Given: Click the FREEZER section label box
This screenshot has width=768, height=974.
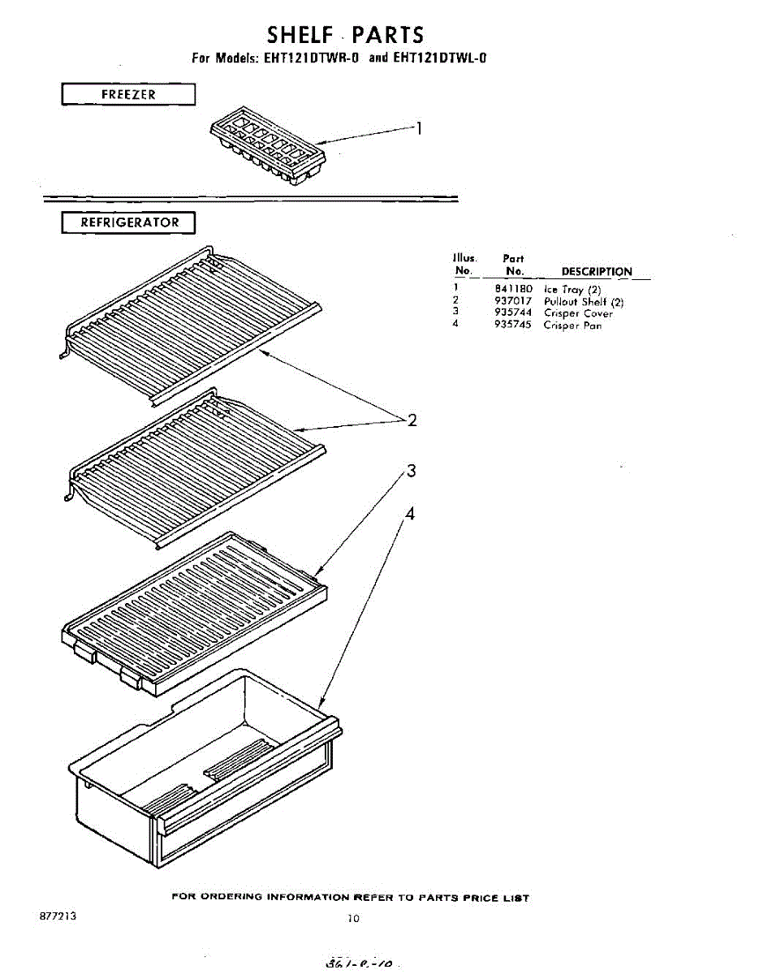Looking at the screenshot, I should click(128, 95).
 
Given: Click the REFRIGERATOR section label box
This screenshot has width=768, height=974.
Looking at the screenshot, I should click(128, 222).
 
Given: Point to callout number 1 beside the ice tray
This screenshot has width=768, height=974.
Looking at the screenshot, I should click(419, 127).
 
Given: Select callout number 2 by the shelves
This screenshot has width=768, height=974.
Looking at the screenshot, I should click(412, 420).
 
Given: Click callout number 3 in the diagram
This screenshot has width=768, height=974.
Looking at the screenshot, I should click(412, 471).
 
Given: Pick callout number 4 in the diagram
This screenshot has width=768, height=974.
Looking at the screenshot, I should click(410, 514).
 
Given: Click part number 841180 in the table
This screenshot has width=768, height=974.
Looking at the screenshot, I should click(513, 289).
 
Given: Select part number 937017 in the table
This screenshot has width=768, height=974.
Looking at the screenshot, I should click(513, 301).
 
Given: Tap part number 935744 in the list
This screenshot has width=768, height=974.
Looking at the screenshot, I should click(513, 312).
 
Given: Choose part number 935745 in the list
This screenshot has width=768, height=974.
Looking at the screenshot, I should click(513, 325).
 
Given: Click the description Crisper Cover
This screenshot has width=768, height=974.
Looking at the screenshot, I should click(578, 313).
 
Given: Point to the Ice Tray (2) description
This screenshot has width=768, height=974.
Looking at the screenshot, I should click(572, 290).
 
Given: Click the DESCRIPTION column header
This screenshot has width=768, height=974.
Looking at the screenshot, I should click(597, 272).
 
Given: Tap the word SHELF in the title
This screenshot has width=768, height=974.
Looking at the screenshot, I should click(301, 35).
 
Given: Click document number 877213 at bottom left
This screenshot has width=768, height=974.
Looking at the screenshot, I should click(58, 915).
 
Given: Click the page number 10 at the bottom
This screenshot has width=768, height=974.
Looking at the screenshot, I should click(352, 919).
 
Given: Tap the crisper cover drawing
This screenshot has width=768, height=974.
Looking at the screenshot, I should click(195, 613).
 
